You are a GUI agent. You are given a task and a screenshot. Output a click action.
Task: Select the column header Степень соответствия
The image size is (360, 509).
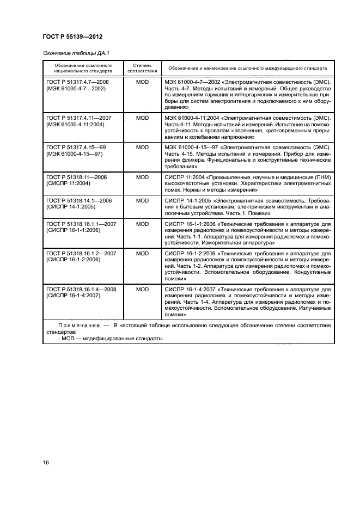click(x=142, y=68)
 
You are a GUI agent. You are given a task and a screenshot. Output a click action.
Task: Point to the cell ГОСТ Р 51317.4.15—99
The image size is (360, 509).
click(x=77, y=147)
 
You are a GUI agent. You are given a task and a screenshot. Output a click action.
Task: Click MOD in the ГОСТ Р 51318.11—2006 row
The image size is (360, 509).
click(x=142, y=177)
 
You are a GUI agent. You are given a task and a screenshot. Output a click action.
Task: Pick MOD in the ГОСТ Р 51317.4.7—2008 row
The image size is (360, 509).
click(x=142, y=82)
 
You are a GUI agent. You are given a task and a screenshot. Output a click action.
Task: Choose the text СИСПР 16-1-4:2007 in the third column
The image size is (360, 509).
click(x=188, y=289)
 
